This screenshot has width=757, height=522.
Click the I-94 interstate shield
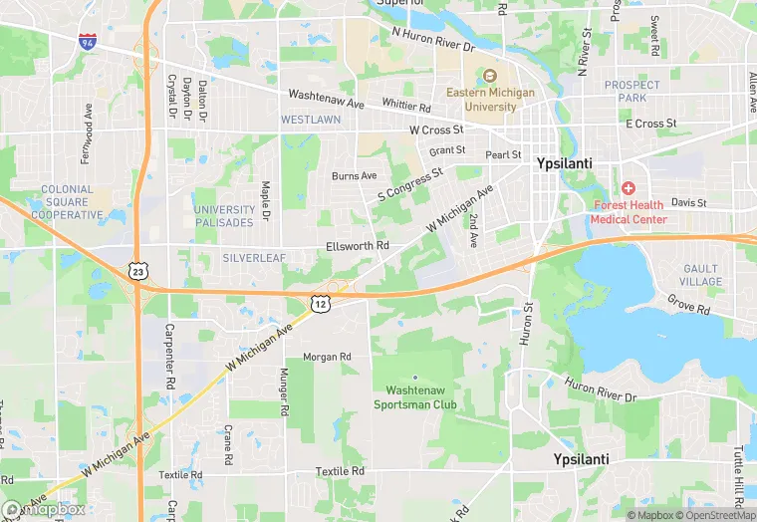pyautogui.click(x=88, y=41)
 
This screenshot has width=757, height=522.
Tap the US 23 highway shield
pyautogui.click(x=138, y=270)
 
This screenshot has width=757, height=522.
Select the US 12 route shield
pyautogui.click(x=319, y=302)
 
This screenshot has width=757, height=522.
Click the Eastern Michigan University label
pyautogui.click(x=490, y=100)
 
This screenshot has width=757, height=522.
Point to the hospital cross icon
pyautogui.click(x=629, y=188)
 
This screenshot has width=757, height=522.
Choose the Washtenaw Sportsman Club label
pyautogui.click(x=415, y=397)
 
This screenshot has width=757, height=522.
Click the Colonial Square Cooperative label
pyautogui.click(x=67, y=202)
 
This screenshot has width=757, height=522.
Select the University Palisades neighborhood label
pyautogui.click(x=225, y=216)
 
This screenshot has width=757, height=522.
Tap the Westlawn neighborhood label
pyautogui.click(x=311, y=120)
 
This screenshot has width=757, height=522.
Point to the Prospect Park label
pyautogui.click(x=625, y=92)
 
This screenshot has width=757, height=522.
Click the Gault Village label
pyautogui.click(x=701, y=276)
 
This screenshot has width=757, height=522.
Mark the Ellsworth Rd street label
pyautogui.click(x=357, y=246)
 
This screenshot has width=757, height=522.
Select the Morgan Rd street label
pyautogui.click(x=327, y=357)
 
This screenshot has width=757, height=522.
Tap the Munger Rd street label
pyautogui.click(x=284, y=391)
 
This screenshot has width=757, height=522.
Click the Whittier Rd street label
pyautogui.click(x=404, y=108)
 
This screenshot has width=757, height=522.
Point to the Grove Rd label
pyautogui.click(x=687, y=303)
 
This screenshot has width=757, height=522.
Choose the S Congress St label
pyautogui.click(x=409, y=185)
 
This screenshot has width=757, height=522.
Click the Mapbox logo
pyautogui.click(x=44, y=509)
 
